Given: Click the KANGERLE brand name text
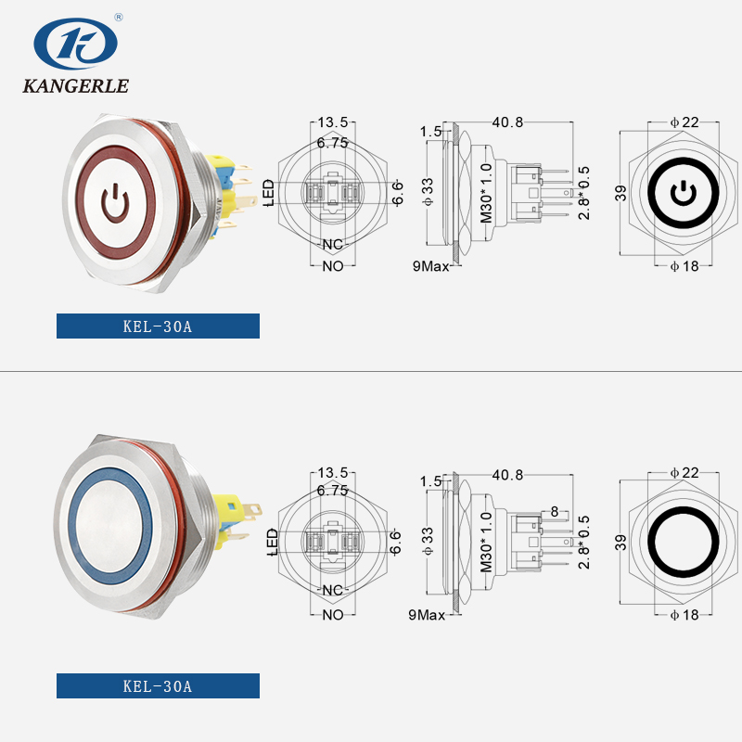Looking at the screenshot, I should click(75, 87).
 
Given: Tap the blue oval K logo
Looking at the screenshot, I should click(75, 42).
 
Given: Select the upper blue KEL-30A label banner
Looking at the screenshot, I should click(158, 326).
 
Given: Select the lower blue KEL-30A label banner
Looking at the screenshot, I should click(158, 686).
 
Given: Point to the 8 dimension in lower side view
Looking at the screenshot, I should click(554, 511).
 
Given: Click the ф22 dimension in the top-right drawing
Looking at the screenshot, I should click(684, 122).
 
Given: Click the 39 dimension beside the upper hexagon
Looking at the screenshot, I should click(620, 192).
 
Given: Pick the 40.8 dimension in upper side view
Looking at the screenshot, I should click(508, 122).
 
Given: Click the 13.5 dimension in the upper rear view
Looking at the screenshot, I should click(332, 122).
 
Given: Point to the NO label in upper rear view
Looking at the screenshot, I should click(332, 266).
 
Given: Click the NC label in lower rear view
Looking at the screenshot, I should click(332, 591).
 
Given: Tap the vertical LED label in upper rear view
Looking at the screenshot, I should click(269, 193).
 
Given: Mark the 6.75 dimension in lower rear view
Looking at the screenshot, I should click(332, 490).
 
